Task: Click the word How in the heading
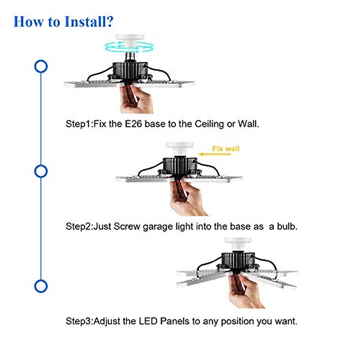[28, 22]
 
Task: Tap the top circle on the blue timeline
[41, 66]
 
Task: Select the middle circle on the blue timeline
[41, 171]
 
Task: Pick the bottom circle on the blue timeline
[41, 286]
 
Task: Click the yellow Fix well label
[226, 148]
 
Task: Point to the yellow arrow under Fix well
[215, 154]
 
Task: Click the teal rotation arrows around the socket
[129, 47]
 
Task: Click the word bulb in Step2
[286, 226]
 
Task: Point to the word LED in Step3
[148, 321]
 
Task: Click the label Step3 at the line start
[79, 321]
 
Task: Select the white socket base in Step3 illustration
[238, 244]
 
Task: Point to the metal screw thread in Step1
[130, 56]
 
